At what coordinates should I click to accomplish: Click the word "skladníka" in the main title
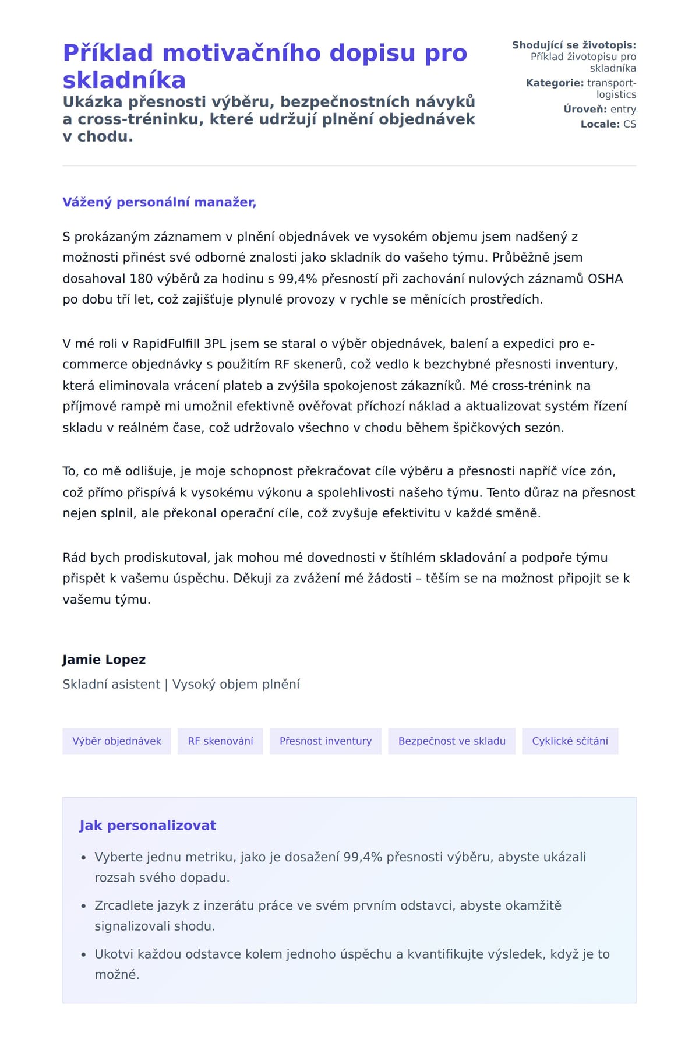[x=124, y=80]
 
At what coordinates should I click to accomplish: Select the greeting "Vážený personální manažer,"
[x=159, y=202]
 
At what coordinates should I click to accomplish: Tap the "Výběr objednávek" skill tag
[x=116, y=741]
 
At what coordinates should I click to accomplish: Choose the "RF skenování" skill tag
[x=220, y=741]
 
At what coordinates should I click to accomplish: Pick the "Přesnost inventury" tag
[x=325, y=741]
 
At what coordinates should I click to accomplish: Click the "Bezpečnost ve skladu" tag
[x=451, y=741]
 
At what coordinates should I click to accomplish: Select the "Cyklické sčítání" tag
[x=570, y=741]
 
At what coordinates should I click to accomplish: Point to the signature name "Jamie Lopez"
[x=104, y=660]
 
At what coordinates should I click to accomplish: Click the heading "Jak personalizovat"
[x=147, y=826]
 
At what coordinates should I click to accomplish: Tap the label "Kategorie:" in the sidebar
[x=555, y=83]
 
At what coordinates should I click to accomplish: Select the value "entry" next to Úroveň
[x=623, y=110]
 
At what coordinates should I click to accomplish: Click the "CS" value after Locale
[x=629, y=124]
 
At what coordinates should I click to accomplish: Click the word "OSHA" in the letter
[x=605, y=279]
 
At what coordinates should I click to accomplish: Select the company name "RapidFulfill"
[x=166, y=344]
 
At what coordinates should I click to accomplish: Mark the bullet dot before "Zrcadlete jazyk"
[x=84, y=907]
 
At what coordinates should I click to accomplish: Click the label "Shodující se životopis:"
[x=574, y=45]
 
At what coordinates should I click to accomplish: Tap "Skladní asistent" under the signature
[x=111, y=684]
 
